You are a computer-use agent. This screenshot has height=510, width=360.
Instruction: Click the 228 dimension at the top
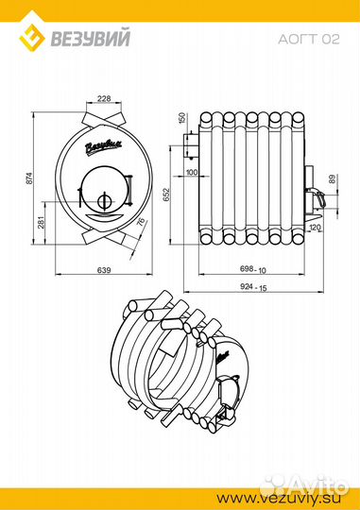click(104, 98)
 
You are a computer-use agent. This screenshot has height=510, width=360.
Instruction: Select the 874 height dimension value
click(29, 178)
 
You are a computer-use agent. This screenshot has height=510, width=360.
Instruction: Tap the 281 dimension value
click(42, 222)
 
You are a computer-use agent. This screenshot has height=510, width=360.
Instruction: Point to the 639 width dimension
click(104, 270)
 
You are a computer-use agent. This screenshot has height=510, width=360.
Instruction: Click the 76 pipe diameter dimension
click(140, 222)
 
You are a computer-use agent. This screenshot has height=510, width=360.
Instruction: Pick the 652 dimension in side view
click(166, 195)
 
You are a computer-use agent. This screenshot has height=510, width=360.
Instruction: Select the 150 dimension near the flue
click(182, 118)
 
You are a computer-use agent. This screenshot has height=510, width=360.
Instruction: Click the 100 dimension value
click(192, 172)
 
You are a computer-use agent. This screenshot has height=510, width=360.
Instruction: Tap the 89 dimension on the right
click(332, 179)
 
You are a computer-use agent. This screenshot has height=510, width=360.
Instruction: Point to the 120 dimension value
click(316, 227)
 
